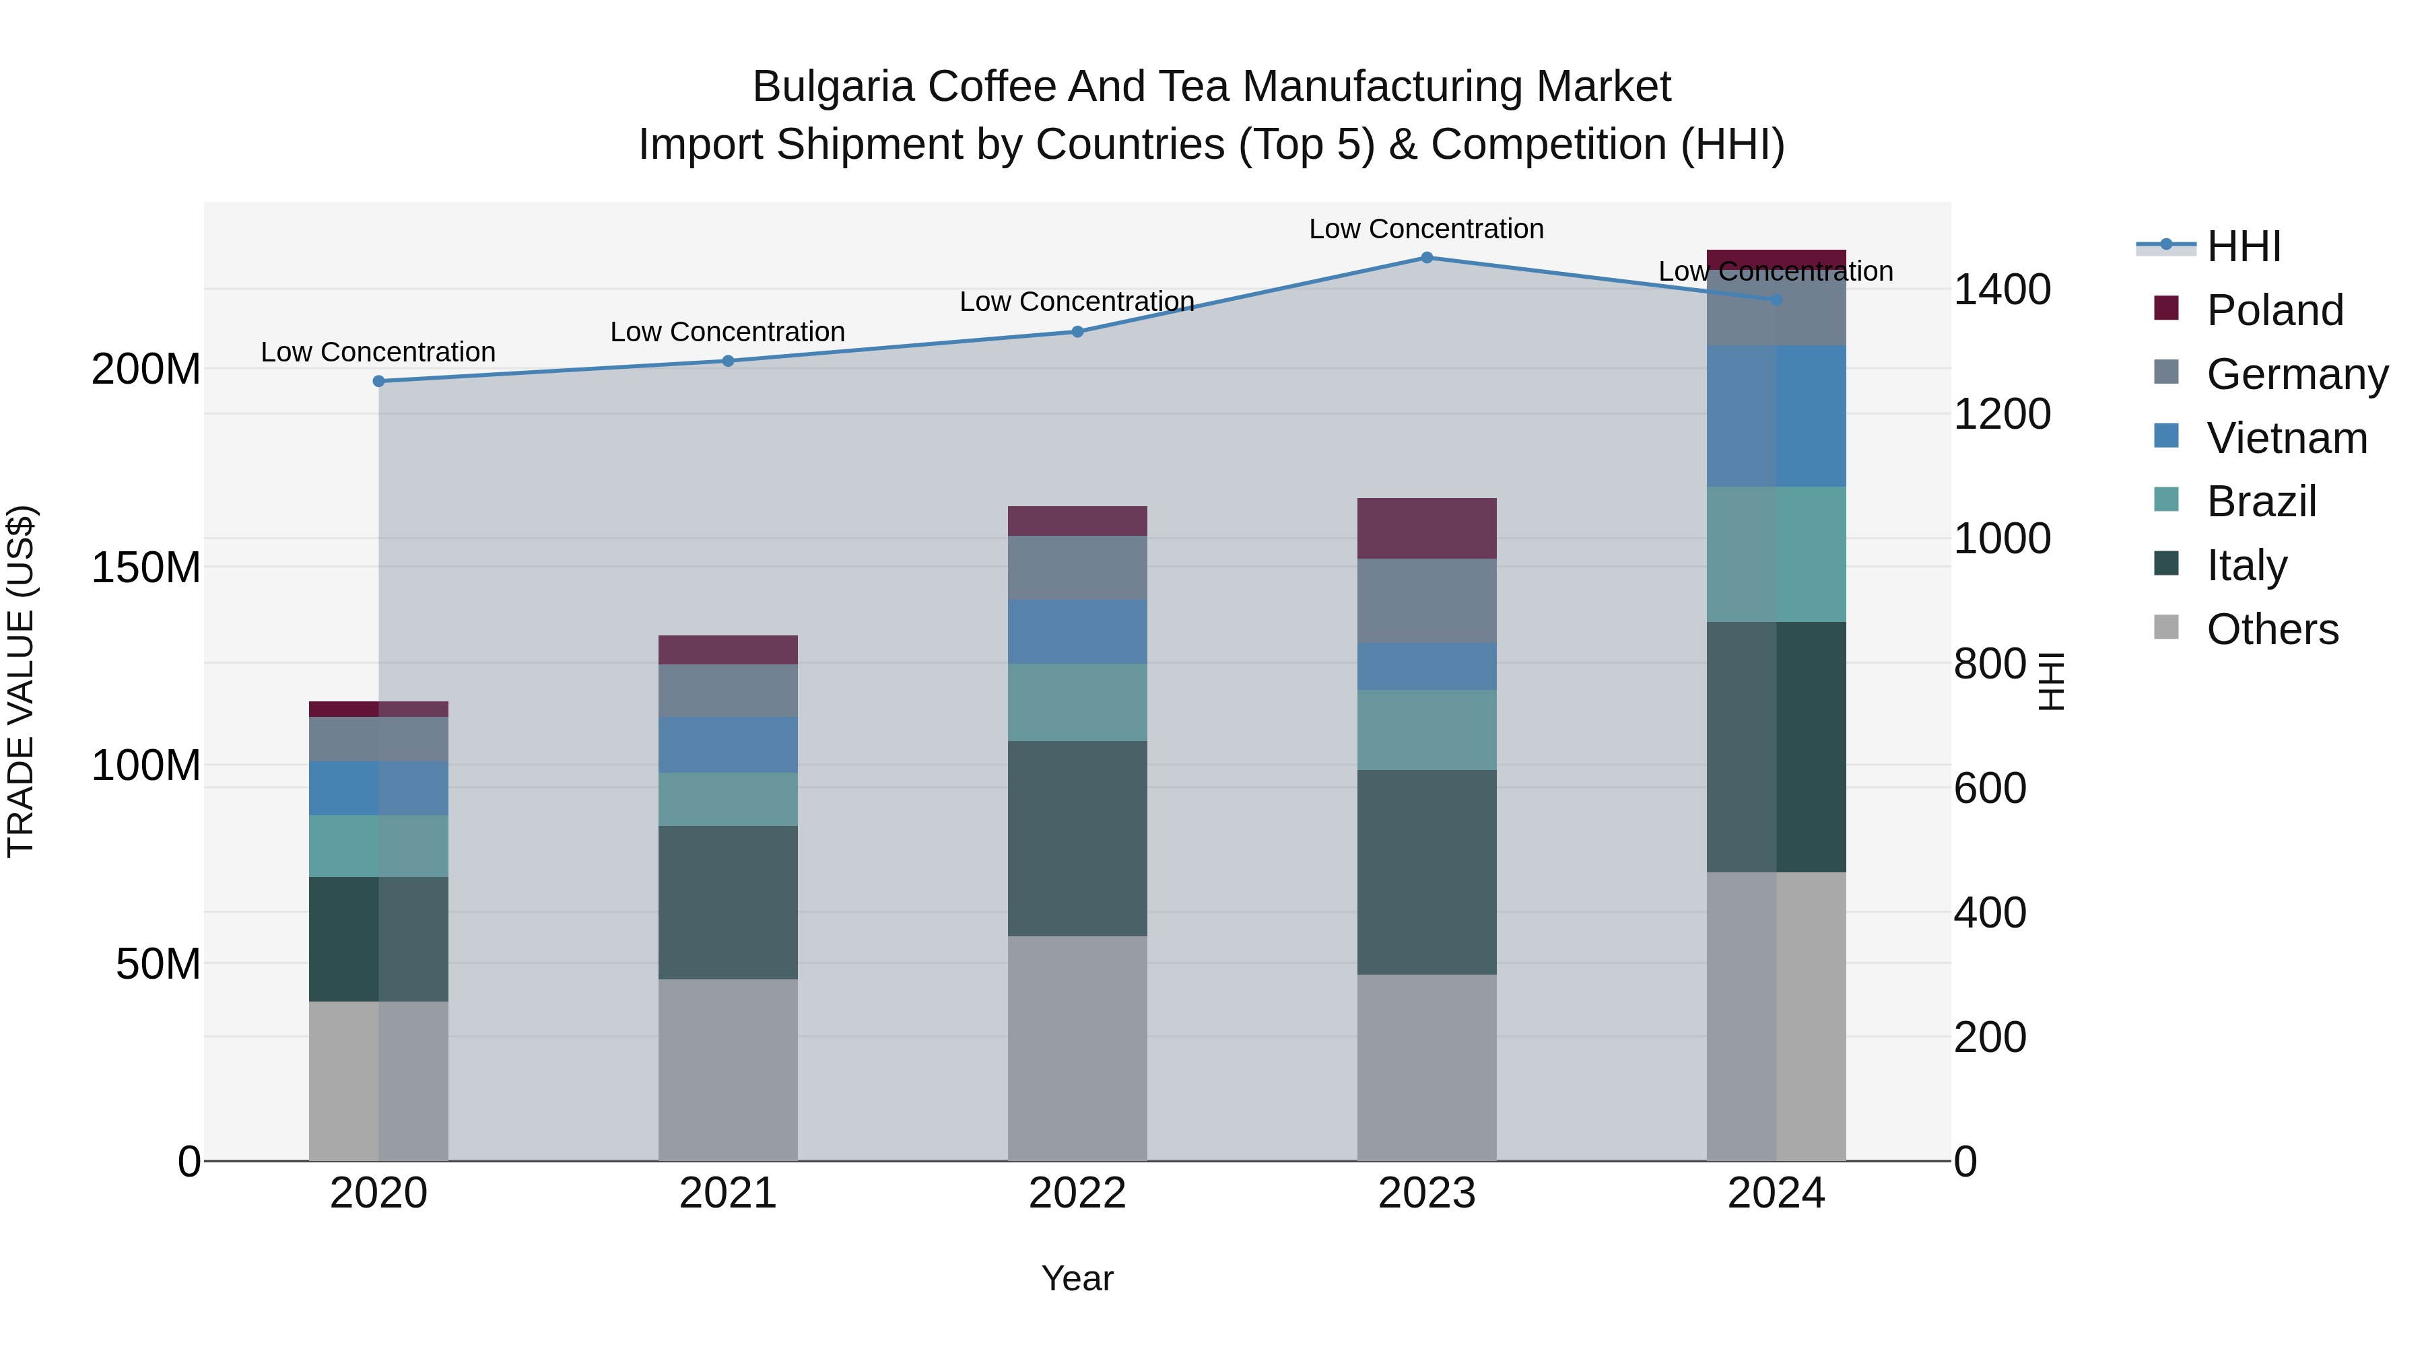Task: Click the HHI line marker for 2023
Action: click(x=1427, y=258)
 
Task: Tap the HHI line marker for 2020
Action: click(x=378, y=381)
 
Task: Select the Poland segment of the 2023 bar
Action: click(x=1427, y=528)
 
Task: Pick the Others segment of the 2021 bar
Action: click(x=727, y=1070)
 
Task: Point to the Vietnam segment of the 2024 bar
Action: click(x=1776, y=416)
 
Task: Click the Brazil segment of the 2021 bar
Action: click(x=727, y=800)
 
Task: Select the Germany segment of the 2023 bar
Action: click(x=1427, y=601)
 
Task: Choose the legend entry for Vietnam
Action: click(x=2286, y=438)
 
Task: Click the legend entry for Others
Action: click(x=2272, y=629)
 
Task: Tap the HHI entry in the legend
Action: click(x=2244, y=246)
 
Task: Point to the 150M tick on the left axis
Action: click(x=146, y=567)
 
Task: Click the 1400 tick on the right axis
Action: click(x=2002, y=289)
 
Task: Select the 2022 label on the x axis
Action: click(x=1077, y=1193)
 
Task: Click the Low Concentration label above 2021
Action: click(x=727, y=332)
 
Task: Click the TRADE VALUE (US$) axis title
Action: click(x=21, y=681)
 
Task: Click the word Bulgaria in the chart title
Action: click(x=833, y=87)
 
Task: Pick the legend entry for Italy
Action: click(x=2246, y=565)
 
